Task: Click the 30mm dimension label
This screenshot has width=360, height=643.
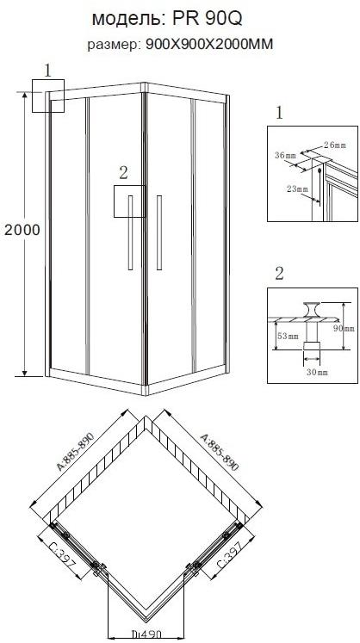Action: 316,372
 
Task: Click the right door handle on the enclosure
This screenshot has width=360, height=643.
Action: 159,230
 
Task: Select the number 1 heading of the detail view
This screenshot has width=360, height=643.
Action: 279,114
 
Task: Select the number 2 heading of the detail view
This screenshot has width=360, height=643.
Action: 279,275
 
